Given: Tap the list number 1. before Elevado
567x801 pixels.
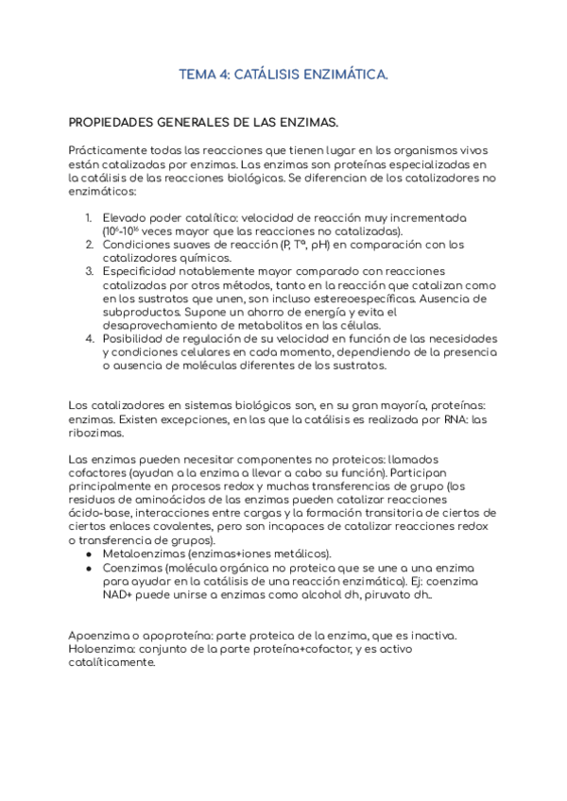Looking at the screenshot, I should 90,217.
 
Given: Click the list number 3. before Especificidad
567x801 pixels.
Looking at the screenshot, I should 90,271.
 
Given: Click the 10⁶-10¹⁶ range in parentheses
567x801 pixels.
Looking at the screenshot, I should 129,230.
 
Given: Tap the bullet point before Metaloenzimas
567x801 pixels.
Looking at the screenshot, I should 89,554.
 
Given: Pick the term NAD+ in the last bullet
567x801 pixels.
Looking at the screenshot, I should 119,595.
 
